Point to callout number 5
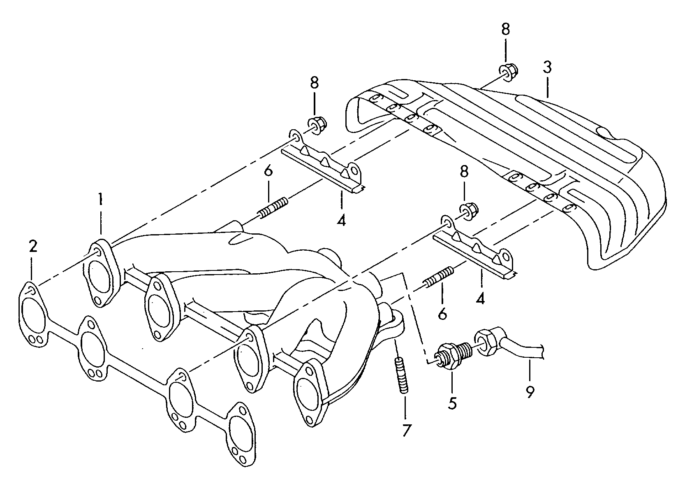click(x=452, y=403)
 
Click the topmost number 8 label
click(x=505, y=29)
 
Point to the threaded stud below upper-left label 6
click(x=273, y=207)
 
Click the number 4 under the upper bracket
click(x=341, y=221)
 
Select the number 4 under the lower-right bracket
click(x=480, y=298)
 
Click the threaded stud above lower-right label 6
click(x=438, y=277)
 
